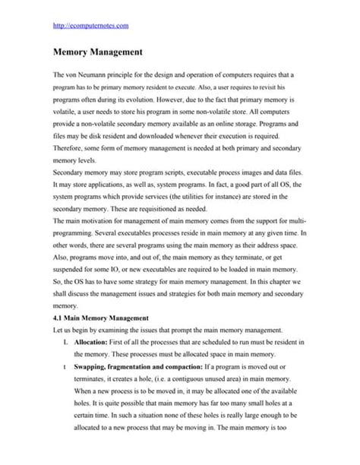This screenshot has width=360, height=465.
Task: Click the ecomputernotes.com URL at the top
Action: coord(90,26)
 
